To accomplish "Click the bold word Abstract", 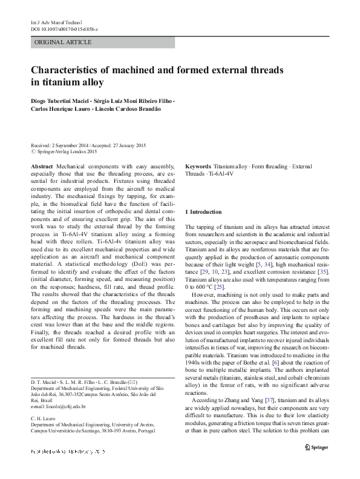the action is [41, 166].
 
